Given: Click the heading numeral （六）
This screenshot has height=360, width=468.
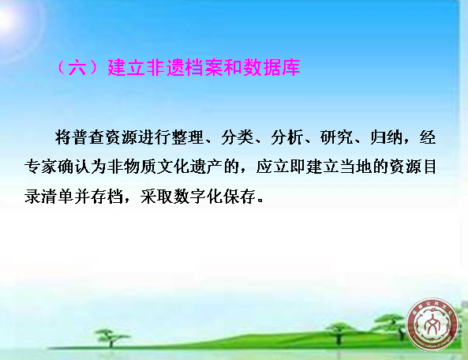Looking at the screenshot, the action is [77, 68].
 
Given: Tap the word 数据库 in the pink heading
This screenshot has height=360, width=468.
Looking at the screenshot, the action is [271, 68].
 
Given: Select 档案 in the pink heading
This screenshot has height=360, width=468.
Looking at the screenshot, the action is [204, 68].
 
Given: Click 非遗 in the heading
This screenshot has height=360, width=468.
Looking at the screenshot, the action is [165, 68].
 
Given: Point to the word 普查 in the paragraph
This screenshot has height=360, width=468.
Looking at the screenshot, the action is [88, 137].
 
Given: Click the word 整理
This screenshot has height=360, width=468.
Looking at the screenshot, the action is [188, 137].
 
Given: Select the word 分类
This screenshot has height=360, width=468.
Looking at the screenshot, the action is [238, 137].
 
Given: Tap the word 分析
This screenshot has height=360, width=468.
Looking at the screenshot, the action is [287, 137].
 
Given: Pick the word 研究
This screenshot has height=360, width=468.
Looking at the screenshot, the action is [337, 137].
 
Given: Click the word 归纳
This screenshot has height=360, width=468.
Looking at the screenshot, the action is [387, 137].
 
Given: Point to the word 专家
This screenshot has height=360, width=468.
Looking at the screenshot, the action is [41, 167].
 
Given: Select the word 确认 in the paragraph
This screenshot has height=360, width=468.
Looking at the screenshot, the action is [74, 167].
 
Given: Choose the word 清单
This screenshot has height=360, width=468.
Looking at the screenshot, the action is [58, 197].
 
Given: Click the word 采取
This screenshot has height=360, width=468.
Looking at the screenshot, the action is [157, 197].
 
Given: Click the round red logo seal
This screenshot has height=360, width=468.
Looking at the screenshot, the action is [432, 324].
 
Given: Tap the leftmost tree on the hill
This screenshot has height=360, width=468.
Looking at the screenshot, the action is [111, 338].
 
